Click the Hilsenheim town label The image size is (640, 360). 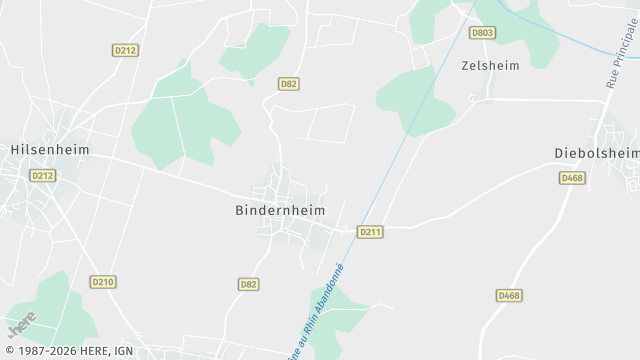click(49, 150)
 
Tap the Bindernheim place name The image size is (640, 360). click(281, 211)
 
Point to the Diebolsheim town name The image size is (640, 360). click(597, 153)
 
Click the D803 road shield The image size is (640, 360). click(483, 33)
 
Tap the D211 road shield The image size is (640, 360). click(370, 232)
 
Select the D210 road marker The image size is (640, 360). click(103, 282)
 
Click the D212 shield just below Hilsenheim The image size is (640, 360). click(42, 175)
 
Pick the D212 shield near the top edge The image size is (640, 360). click(125, 50)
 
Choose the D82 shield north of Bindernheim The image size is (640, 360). click(289, 84)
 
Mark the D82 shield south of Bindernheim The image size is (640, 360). click(249, 284)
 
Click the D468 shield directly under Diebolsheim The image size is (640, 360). click(572, 178)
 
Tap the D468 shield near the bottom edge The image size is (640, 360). click(509, 295)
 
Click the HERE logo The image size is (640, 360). click(22, 325)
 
